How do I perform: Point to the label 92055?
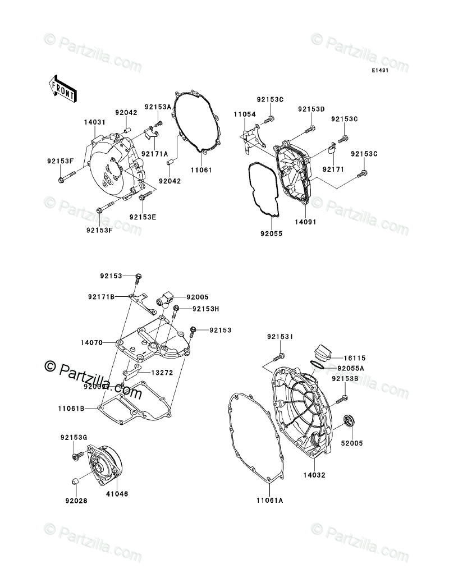[270, 233]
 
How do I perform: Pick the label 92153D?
[311, 109]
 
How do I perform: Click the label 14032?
[315, 475]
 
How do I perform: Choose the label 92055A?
[351, 368]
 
